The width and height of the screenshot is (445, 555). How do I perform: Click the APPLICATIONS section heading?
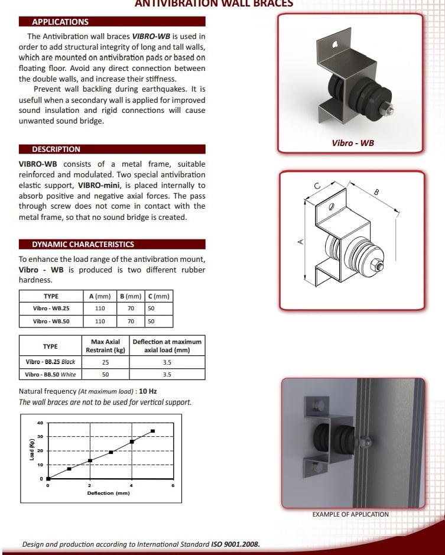60,22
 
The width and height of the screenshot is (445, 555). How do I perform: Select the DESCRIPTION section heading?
56,149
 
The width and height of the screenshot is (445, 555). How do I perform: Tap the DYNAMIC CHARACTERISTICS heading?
83,244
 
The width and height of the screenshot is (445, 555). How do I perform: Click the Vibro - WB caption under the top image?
353,143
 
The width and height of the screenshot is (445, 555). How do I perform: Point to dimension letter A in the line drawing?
300,241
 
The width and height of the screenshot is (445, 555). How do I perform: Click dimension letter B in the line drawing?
376,192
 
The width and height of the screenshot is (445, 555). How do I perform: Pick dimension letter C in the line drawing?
317,186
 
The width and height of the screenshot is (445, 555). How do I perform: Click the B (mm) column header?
131,296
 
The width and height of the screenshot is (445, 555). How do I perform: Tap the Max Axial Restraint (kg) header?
105,345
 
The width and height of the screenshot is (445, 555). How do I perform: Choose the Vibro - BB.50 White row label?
51,374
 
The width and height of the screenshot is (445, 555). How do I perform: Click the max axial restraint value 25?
105,362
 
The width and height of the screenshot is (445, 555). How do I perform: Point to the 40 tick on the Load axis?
40,423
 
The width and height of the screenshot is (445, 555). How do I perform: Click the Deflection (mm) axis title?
108,493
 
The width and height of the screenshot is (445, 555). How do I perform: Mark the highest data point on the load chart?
152,431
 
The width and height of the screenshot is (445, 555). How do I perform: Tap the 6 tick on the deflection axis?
173,485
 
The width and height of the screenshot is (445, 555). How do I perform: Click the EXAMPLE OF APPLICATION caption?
350,514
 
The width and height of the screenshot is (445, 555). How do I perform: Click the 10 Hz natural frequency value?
148,391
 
